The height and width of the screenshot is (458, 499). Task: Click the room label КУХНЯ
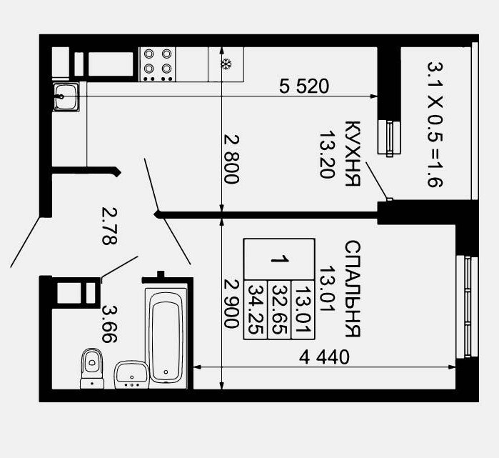click(353, 153)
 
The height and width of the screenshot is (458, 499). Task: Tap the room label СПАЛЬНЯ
click(353, 289)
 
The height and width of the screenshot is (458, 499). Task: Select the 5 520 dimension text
click(304, 86)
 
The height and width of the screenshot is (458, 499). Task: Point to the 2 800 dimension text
click(231, 159)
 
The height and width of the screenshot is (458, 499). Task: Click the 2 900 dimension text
click(231, 304)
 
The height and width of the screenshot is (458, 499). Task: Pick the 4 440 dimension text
click(324, 357)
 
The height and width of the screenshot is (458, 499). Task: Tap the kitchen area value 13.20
click(327, 154)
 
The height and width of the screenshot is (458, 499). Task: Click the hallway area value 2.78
click(109, 226)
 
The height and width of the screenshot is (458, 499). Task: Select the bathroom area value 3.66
click(109, 324)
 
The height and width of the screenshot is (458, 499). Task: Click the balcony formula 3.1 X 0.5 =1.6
click(435, 124)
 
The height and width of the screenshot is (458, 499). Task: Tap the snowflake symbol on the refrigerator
click(226, 64)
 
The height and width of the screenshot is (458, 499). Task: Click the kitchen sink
click(66, 96)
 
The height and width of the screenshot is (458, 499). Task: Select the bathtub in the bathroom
click(166, 337)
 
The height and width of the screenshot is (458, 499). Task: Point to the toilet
click(92, 368)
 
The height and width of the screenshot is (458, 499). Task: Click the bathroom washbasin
click(132, 375)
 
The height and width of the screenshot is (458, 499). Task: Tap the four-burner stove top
click(158, 64)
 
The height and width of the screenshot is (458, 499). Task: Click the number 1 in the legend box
click(279, 259)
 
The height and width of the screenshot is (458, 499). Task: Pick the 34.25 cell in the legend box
click(256, 309)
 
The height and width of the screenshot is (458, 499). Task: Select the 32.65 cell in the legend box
click(279, 309)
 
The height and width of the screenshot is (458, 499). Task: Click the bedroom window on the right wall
click(467, 307)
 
